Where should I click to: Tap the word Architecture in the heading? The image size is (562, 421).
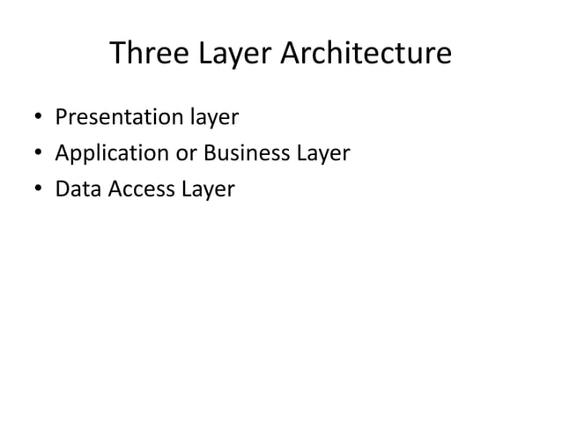tap(366, 55)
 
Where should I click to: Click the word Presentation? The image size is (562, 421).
tap(119, 117)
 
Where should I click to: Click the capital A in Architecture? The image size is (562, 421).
tap(292, 55)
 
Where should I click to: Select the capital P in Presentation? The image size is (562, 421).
tap(62, 117)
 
